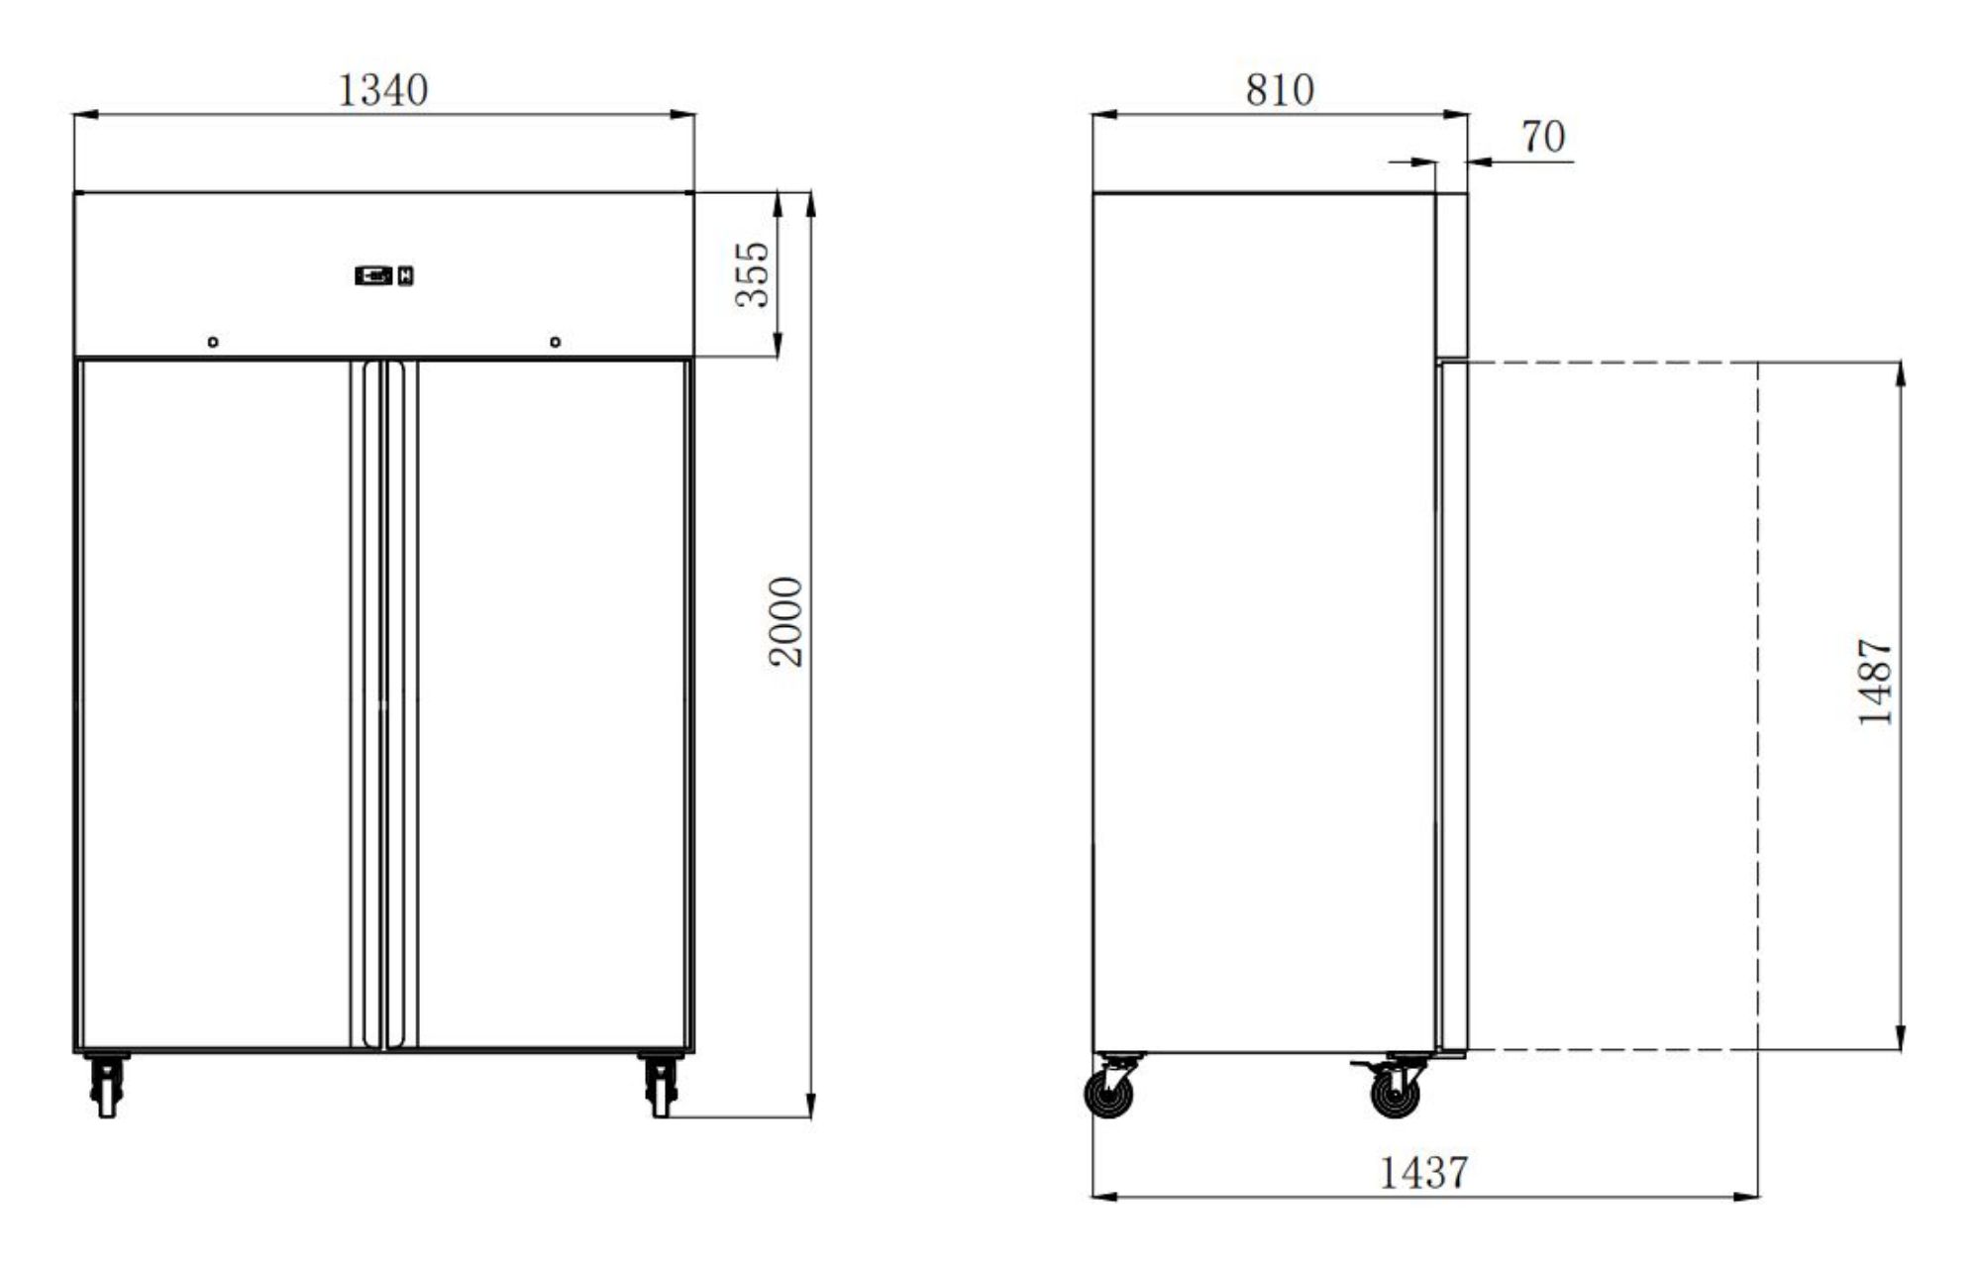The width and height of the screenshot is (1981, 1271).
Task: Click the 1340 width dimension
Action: tap(382, 90)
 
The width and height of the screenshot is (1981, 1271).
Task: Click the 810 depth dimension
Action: tap(1279, 90)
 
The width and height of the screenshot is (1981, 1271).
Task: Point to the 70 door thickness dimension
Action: tap(1542, 137)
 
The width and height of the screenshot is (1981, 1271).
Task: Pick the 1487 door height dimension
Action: tap(1874, 683)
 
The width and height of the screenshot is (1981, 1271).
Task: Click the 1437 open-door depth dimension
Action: tap(1423, 1173)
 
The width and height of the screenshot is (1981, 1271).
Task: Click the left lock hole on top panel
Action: tap(213, 342)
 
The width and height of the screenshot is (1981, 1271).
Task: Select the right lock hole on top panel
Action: tap(555, 342)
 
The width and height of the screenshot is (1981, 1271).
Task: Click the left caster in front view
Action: tap(106, 1085)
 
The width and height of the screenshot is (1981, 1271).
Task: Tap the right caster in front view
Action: tap(661, 1085)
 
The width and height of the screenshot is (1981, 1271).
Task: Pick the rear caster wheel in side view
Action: tap(1110, 1094)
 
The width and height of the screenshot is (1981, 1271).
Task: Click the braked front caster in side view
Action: tap(1395, 1094)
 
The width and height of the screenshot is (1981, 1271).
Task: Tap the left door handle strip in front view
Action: tap(371, 703)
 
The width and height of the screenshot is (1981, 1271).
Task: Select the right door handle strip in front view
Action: tap(395, 703)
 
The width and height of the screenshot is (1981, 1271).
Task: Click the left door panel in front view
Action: tap(213, 703)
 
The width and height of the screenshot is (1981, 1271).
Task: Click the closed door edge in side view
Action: tap(1452, 703)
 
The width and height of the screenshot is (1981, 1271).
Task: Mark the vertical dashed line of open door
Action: tap(1758, 703)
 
